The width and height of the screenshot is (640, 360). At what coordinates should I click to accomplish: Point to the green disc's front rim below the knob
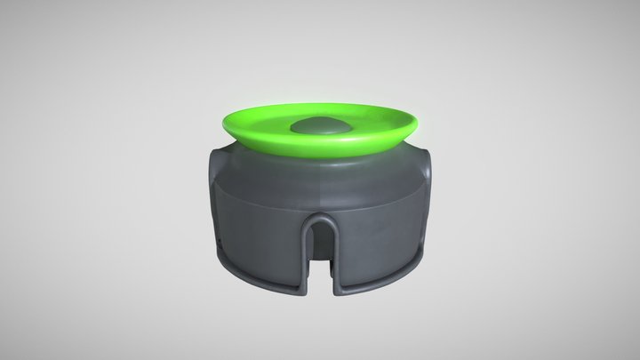[319, 153]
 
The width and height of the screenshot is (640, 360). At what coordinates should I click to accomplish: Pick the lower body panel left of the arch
[258, 244]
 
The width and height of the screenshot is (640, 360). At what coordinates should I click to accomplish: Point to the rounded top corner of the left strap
[215, 153]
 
